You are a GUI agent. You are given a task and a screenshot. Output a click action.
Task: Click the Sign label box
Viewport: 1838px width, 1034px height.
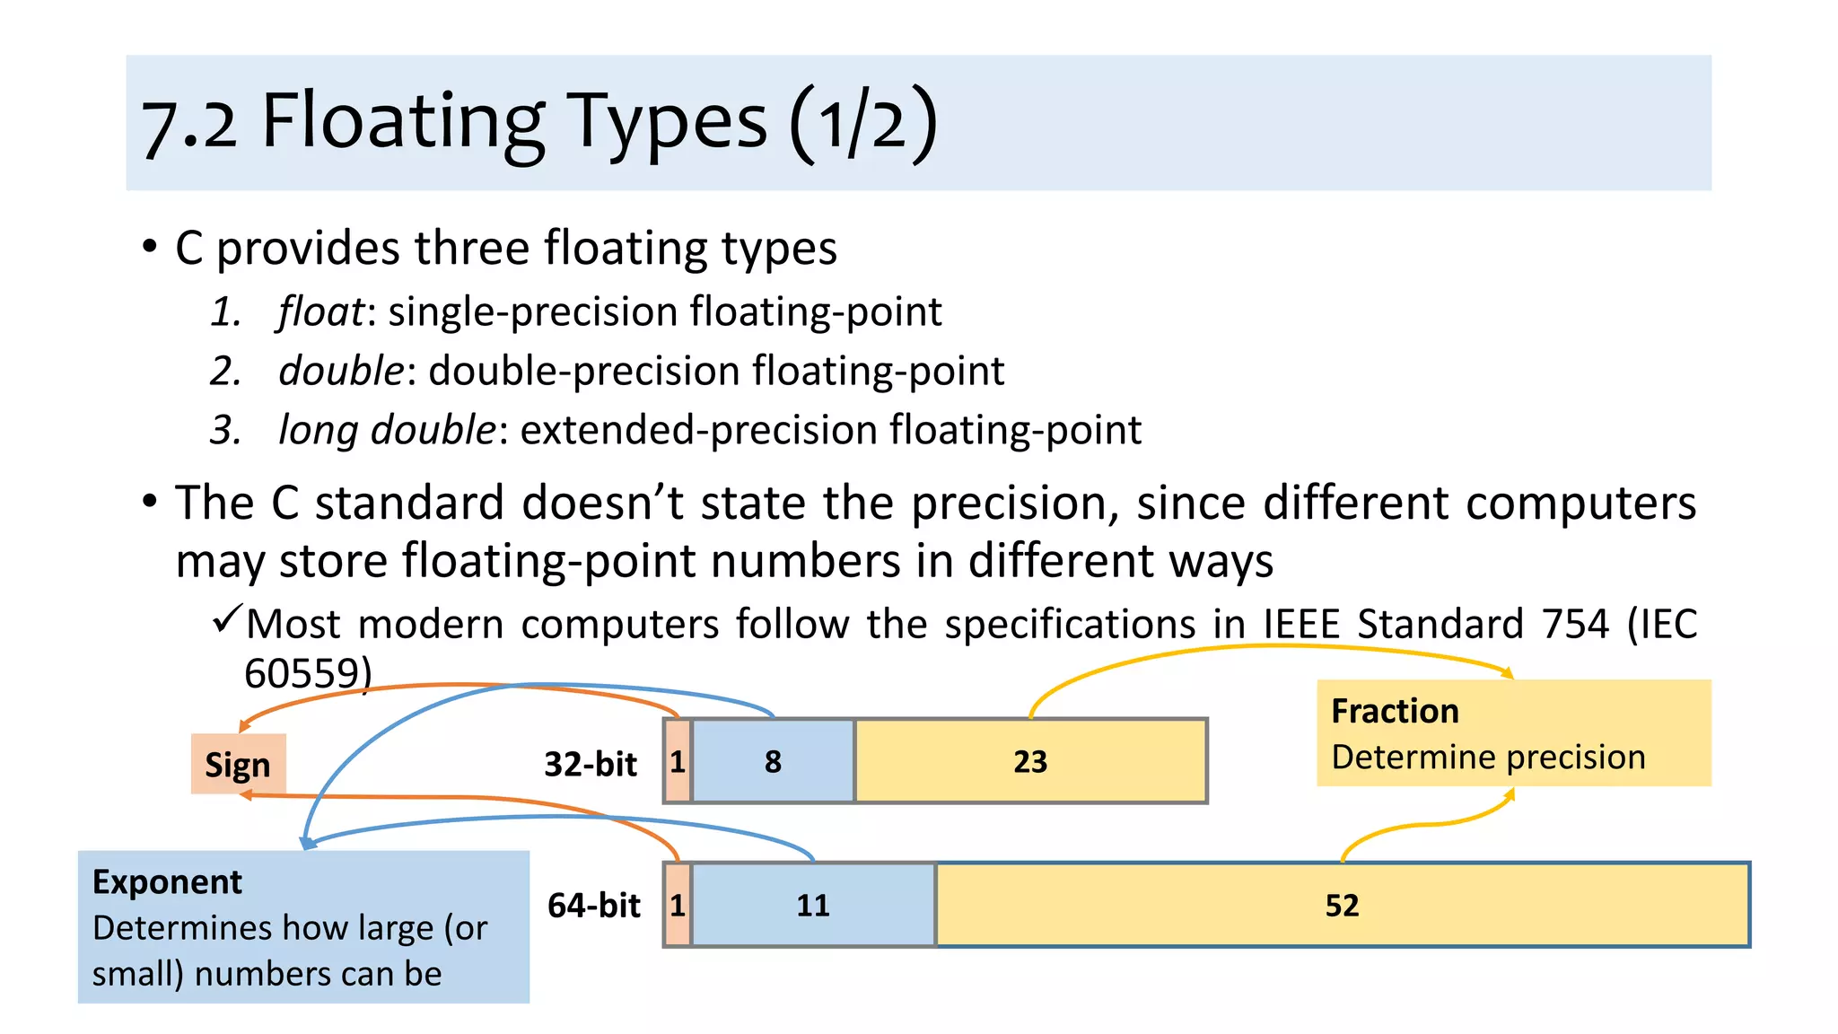(238, 765)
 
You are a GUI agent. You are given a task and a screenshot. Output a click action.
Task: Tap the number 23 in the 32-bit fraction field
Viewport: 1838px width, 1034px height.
(1030, 762)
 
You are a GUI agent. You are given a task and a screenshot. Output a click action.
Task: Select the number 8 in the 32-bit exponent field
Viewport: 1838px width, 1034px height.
(773, 762)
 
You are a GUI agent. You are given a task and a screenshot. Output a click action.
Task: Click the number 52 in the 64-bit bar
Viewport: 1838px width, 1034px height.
(1342, 906)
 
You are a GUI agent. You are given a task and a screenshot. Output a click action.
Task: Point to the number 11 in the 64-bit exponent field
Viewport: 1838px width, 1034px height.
(813, 906)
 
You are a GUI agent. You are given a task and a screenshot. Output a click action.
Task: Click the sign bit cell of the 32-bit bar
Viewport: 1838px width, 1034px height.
(678, 762)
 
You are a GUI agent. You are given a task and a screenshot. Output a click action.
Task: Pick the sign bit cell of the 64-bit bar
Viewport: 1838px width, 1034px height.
(678, 906)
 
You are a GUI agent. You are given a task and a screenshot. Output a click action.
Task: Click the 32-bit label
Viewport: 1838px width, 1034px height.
(591, 765)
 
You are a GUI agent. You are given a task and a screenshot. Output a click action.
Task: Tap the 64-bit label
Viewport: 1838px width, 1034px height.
(594, 906)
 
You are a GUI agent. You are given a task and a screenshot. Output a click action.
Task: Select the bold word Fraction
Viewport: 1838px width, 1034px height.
(1395, 712)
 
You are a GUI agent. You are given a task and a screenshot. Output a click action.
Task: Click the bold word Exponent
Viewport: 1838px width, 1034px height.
(167, 882)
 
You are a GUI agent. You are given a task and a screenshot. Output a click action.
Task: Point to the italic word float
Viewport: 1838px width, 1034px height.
(320, 312)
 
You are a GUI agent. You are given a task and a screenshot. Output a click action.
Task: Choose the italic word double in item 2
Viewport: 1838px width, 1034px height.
(341, 372)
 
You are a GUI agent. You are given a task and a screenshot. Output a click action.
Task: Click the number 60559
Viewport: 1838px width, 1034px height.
(302, 674)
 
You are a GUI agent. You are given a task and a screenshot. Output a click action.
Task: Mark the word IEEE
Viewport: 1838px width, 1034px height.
(1301, 624)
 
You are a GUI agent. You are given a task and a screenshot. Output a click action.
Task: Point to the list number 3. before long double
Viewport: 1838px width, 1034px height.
(225, 431)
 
